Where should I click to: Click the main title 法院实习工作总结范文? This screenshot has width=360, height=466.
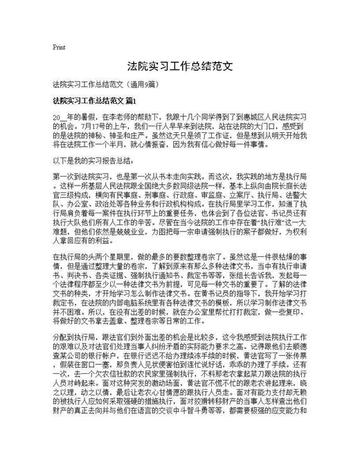point(179,69)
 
